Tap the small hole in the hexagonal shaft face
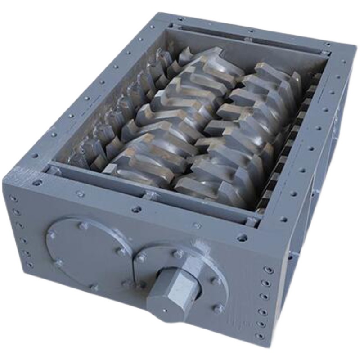pyautogui.click(x=165, y=310)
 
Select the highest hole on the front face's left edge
pyautogui.click(x=13, y=198)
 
